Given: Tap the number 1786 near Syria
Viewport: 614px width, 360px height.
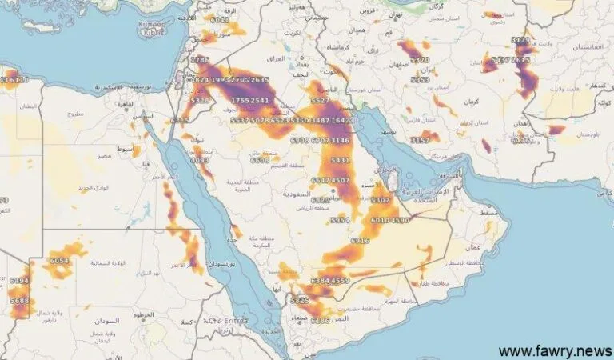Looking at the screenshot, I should point(200,61).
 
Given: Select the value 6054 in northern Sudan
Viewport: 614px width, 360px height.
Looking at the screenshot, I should point(59,262).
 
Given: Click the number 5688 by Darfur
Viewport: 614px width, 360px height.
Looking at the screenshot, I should point(19,301).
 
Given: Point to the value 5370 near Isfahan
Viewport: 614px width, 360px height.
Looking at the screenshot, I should point(421,60).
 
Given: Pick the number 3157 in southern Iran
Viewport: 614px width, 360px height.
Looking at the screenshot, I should point(421,140).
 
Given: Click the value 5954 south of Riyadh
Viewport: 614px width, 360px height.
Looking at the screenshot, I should point(340,220).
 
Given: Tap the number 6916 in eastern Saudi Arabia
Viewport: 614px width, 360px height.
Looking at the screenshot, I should point(361,241).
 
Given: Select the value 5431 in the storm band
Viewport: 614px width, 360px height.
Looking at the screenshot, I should point(340,161).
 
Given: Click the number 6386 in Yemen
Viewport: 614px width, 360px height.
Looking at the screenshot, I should point(320,321).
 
